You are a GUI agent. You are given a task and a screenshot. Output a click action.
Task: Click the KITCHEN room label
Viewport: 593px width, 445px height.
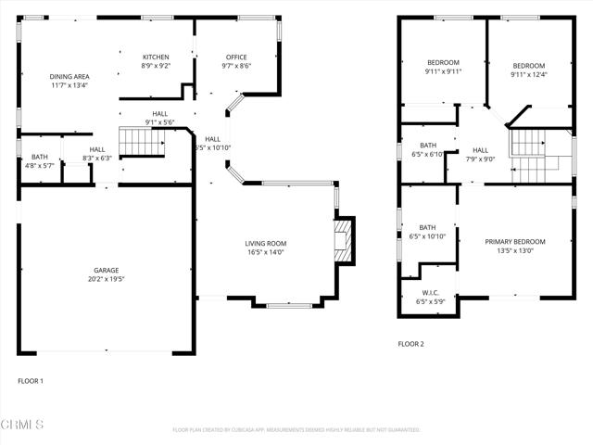[x=155, y=57]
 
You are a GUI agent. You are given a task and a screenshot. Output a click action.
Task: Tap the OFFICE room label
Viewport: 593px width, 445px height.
[x=235, y=57]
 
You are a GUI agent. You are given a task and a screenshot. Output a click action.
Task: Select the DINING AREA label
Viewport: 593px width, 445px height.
[x=69, y=76]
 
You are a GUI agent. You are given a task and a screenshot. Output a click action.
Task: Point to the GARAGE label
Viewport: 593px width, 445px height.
[x=105, y=270]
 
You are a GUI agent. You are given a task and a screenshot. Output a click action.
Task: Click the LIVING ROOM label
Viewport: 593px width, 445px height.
[x=265, y=243]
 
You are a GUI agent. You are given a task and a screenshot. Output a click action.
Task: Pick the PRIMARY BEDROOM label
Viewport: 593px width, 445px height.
[x=515, y=242]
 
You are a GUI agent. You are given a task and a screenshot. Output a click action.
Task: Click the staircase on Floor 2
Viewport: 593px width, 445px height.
[x=530, y=154]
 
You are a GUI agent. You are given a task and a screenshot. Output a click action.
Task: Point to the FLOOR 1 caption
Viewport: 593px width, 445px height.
[x=31, y=381]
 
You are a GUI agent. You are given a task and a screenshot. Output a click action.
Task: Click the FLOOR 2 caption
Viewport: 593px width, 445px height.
[x=410, y=344]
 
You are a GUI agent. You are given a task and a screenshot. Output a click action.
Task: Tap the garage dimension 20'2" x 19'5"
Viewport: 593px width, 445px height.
[x=105, y=279]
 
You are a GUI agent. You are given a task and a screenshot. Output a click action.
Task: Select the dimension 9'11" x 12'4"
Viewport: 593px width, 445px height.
[x=529, y=75]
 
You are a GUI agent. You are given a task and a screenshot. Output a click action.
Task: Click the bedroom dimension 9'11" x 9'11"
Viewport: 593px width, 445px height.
[x=443, y=71]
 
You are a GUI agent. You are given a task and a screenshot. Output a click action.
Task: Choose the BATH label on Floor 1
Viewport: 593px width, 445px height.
[x=39, y=157]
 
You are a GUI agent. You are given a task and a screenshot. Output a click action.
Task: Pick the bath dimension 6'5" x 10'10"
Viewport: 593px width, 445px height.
[x=427, y=236]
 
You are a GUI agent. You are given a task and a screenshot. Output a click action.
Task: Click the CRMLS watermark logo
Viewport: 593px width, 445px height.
[x=22, y=425]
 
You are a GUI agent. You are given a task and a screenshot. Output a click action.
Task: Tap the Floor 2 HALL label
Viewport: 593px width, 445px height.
[x=480, y=149]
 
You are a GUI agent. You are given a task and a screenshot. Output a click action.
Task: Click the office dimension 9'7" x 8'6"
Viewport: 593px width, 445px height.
[x=235, y=66]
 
